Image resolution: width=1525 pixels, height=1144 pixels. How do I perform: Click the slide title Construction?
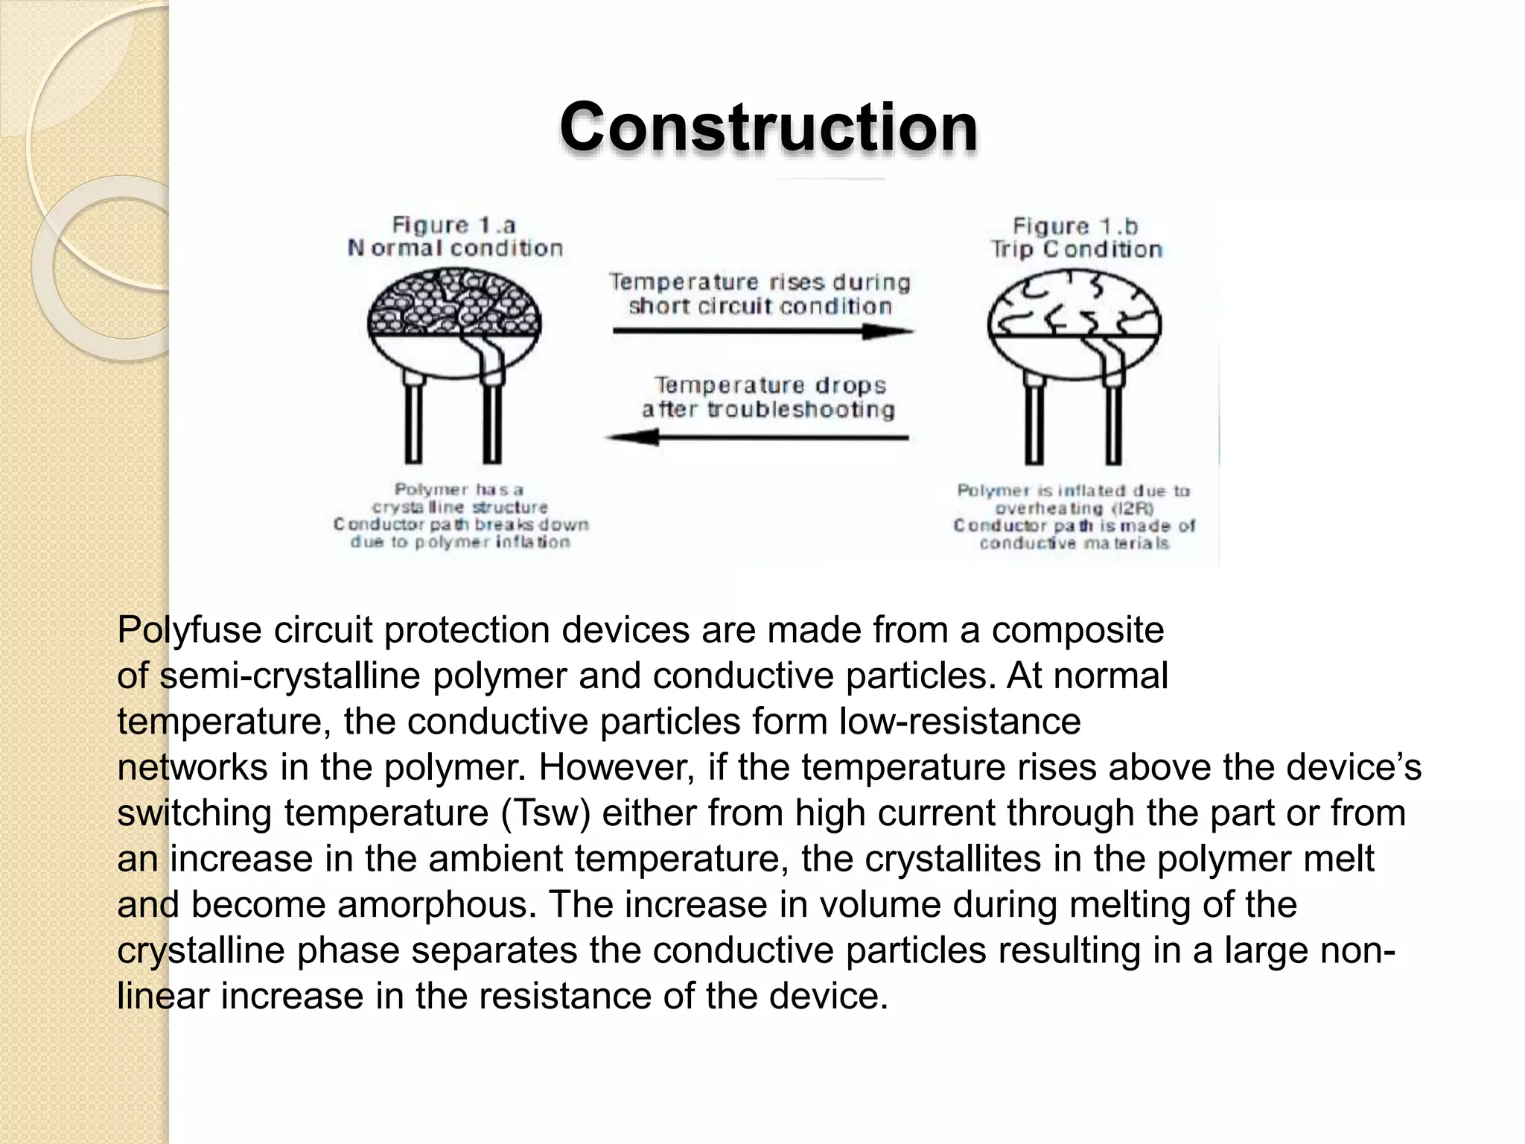(768, 127)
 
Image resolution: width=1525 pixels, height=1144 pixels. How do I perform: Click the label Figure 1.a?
(453, 225)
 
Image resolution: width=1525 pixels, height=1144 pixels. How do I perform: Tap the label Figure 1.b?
(1075, 226)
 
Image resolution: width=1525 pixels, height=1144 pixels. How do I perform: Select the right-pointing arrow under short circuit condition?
(762, 331)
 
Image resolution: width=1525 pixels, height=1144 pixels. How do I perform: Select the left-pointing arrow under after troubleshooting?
(757, 437)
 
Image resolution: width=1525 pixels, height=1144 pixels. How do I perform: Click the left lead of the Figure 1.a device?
(413, 421)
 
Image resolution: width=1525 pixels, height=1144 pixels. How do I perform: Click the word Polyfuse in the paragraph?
(189, 630)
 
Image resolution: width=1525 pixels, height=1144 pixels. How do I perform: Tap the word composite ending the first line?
(1077, 630)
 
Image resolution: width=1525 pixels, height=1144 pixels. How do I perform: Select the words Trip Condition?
(1075, 250)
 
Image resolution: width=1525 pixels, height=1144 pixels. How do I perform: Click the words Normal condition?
(455, 248)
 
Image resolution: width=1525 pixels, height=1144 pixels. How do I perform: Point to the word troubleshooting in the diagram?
(800, 410)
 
